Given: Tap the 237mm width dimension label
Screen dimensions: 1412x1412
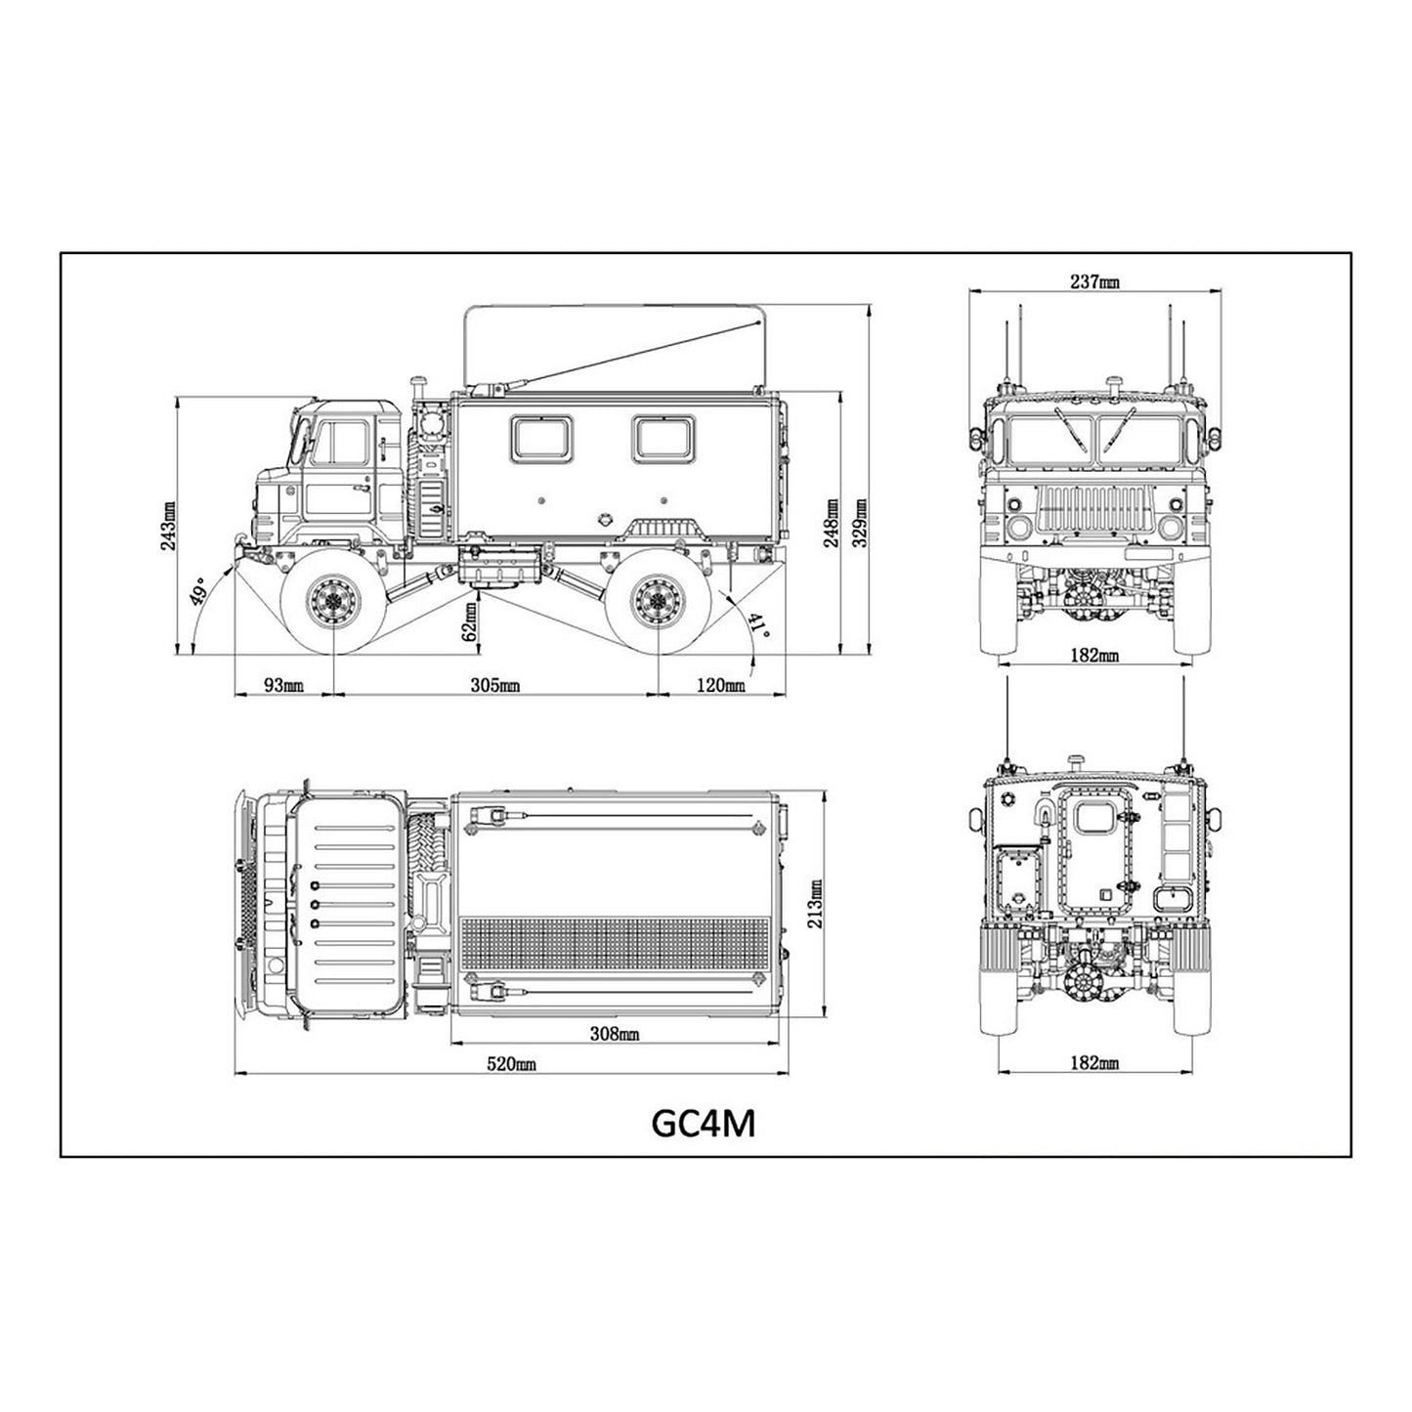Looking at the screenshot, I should click(x=1095, y=282).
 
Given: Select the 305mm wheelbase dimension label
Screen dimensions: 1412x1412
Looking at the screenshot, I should click(x=494, y=685).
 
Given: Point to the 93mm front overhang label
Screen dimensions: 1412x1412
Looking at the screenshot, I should click(x=284, y=685).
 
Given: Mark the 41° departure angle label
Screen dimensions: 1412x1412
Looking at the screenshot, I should click(x=759, y=626).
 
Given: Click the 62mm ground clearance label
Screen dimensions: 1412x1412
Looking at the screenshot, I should click(x=470, y=621).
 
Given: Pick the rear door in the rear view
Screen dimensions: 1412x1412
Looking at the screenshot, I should click(x=1099, y=861).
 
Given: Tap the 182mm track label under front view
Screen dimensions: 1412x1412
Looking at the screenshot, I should click(x=1094, y=655).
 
